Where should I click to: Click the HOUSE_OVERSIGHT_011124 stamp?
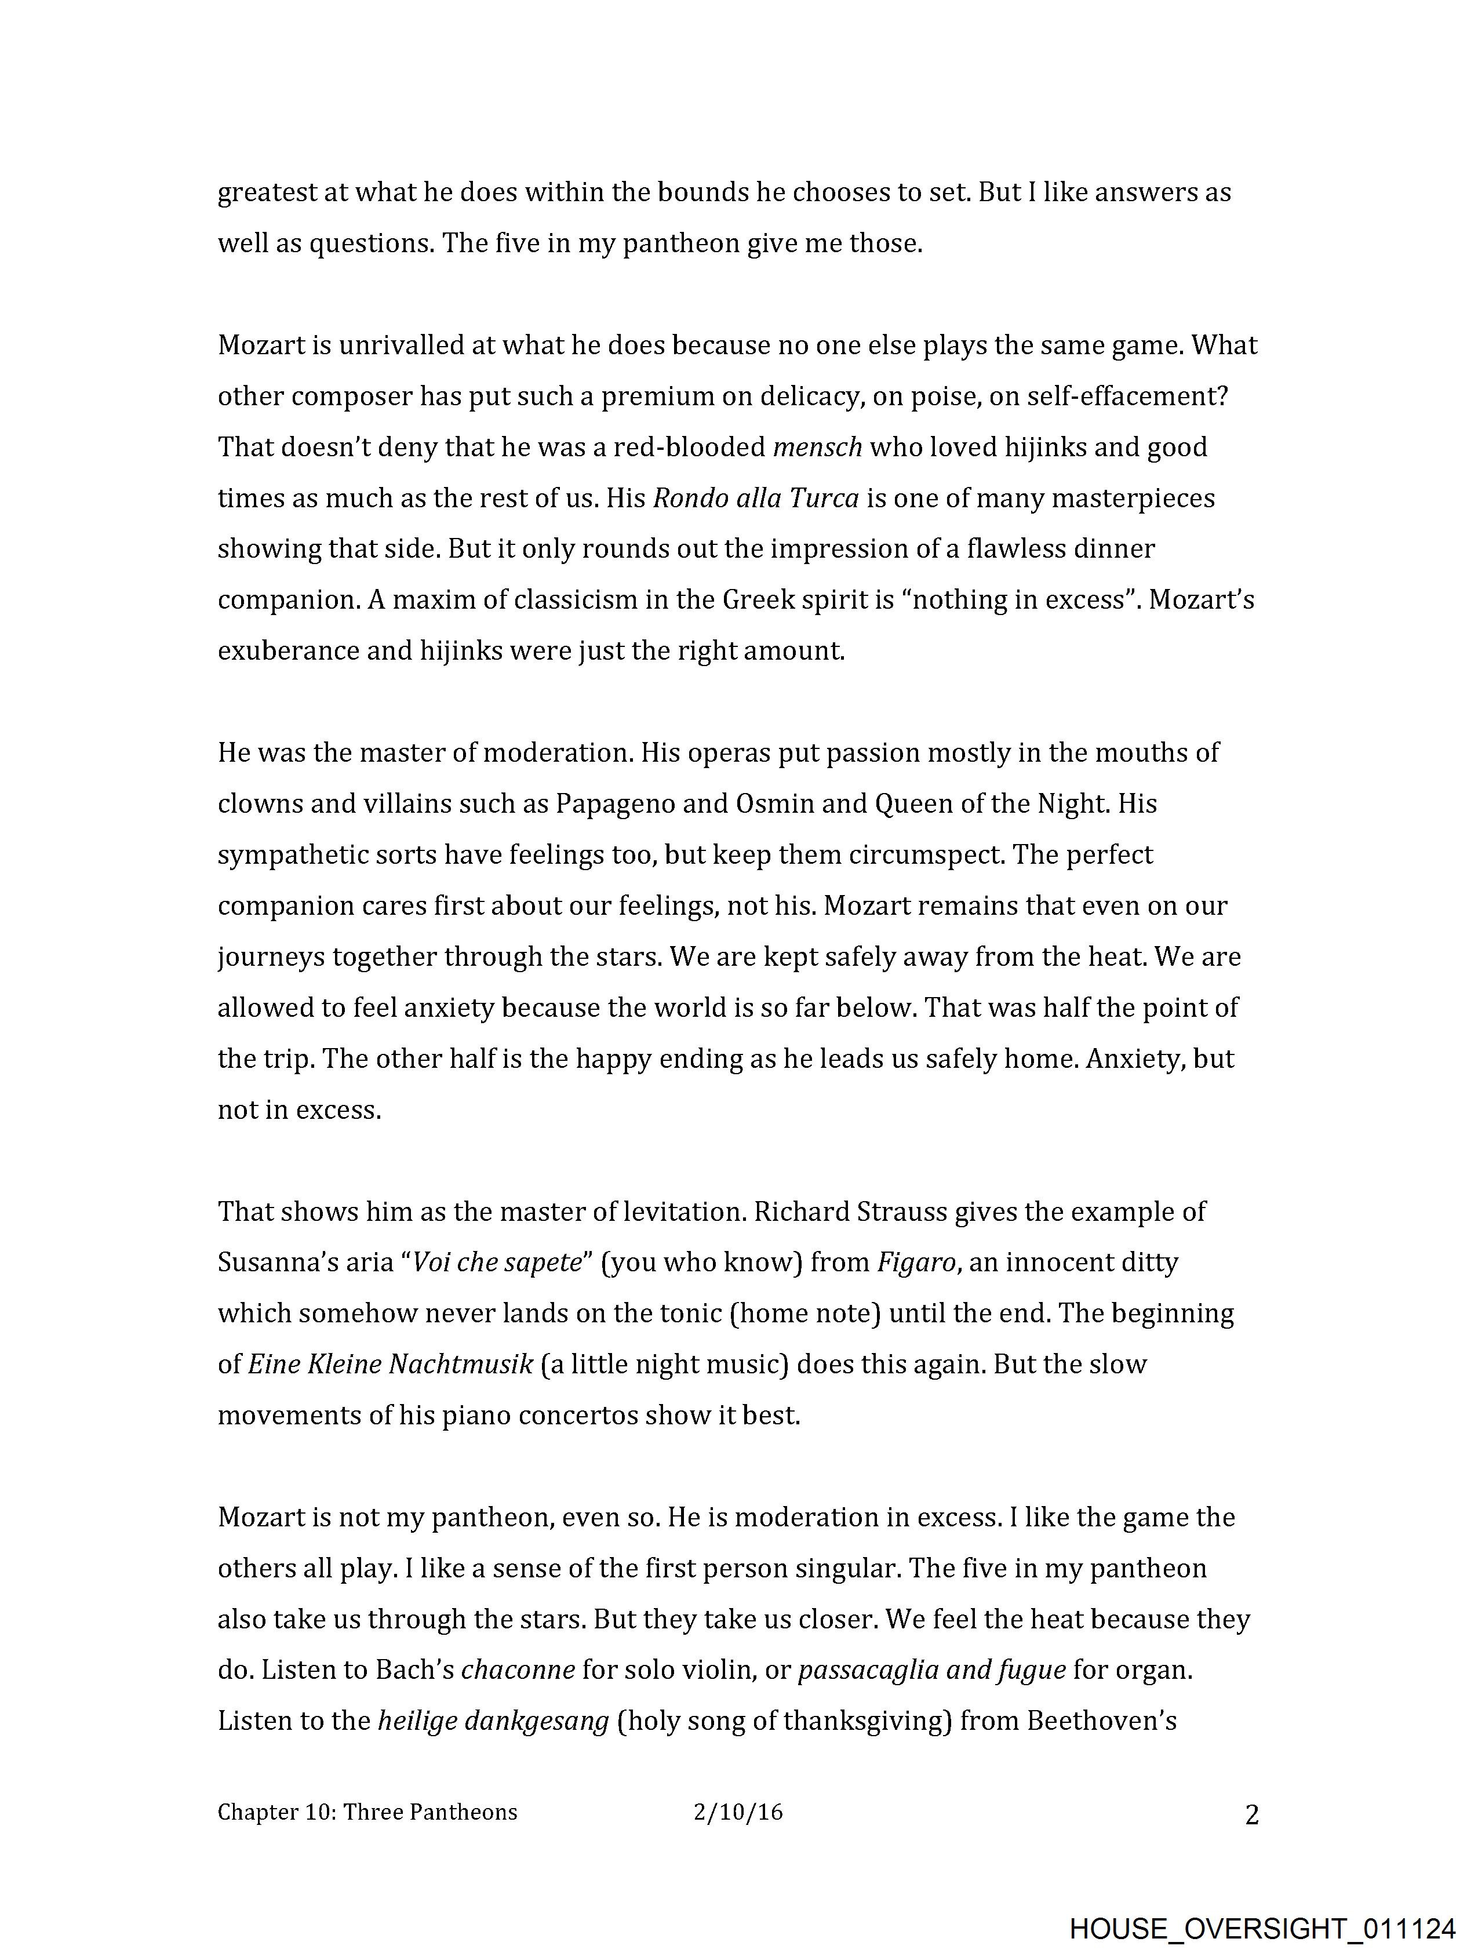point(1262,1927)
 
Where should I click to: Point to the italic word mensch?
point(817,448)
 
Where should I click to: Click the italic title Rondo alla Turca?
point(756,499)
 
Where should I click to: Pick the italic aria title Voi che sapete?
point(498,1263)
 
